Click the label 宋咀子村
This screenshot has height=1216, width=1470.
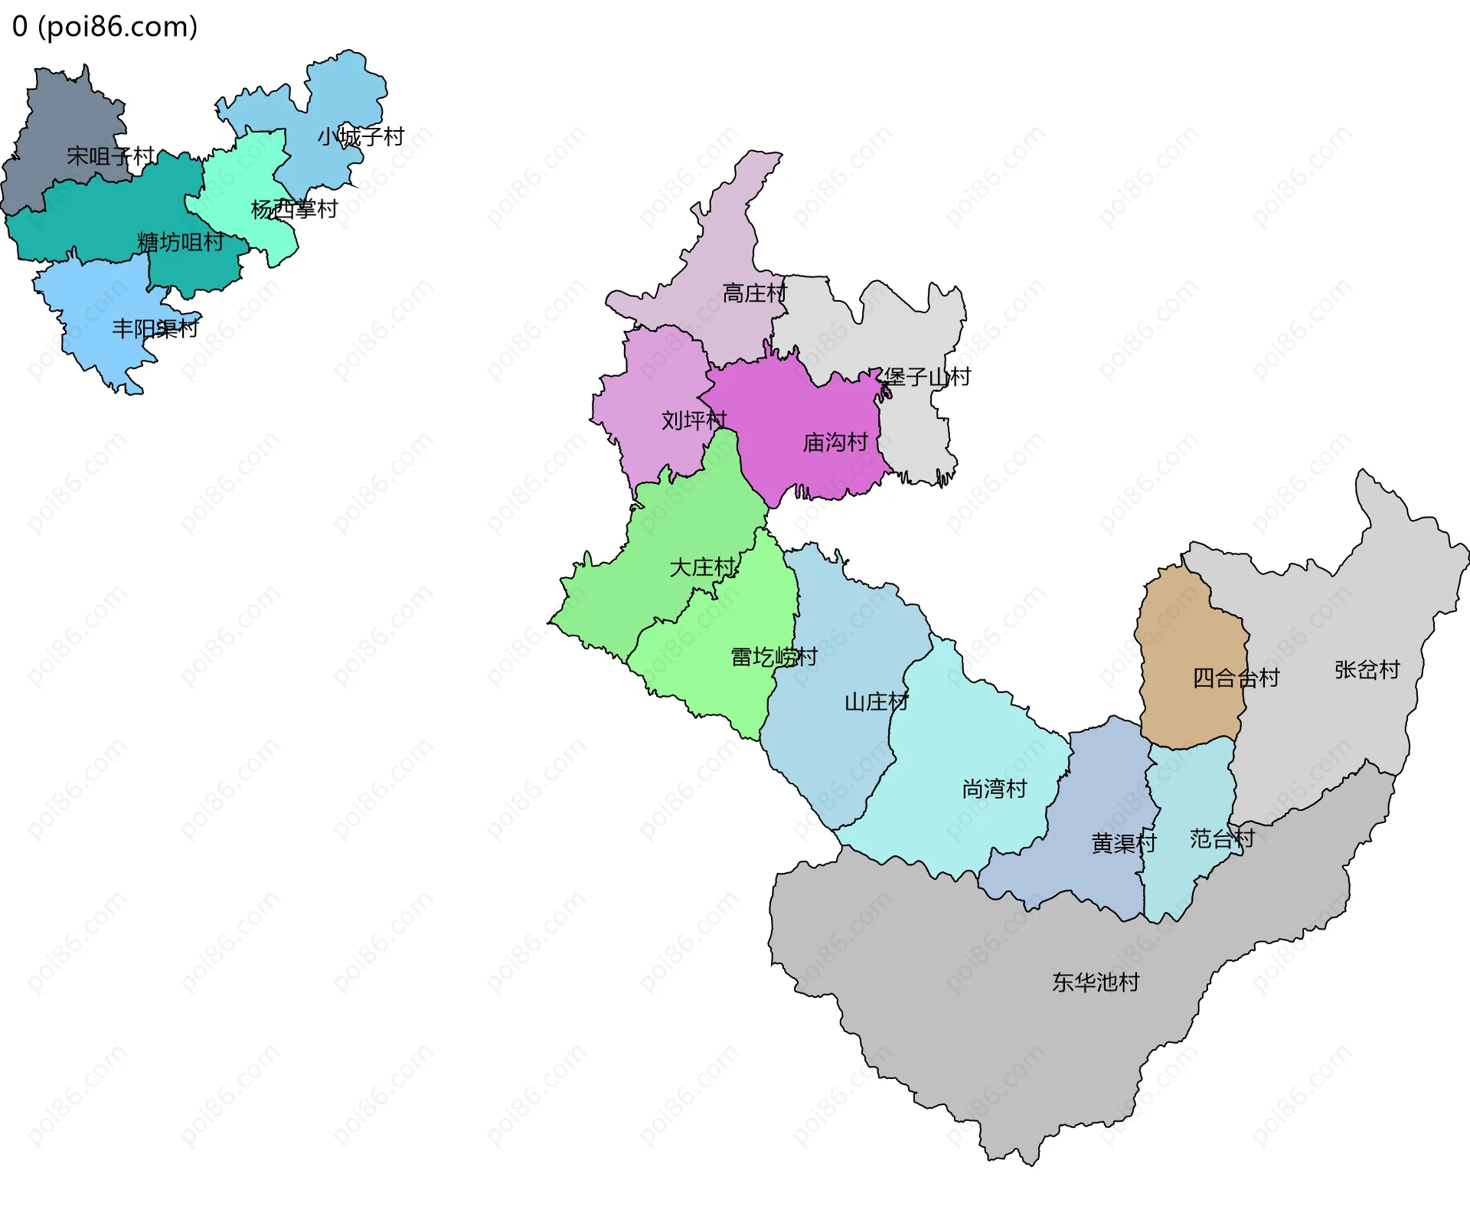click(x=110, y=156)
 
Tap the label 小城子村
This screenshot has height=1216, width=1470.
click(x=361, y=137)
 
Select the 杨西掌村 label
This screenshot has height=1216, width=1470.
click(x=294, y=209)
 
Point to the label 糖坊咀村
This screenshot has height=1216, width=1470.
click(x=181, y=243)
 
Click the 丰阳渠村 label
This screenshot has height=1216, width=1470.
click(x=155, y=329)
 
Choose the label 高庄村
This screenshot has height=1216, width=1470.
click(x=754, y=293)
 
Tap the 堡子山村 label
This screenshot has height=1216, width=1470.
click(x=926, y=377)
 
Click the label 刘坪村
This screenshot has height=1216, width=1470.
click(x=694, y=420)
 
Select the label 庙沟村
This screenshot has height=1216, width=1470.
click(x=835, y=443)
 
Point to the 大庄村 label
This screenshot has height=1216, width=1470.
click(x=702, y=567)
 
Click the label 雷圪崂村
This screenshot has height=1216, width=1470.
click(x=774, y=657)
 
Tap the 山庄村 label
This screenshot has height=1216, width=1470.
click(x=876, y=702)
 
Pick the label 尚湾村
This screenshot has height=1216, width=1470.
click(x=994, y=789)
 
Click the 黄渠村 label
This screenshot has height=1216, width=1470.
click(x=1123, y=843)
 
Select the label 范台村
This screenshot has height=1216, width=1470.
click(x=1222, y=838)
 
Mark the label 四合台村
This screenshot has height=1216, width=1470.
click(x=1236, y=678)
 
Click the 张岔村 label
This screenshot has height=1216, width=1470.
click(x=1367, y=670)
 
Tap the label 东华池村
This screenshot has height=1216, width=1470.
click(x=1096, y=982)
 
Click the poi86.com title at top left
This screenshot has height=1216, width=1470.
click(x=105, y=27)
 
